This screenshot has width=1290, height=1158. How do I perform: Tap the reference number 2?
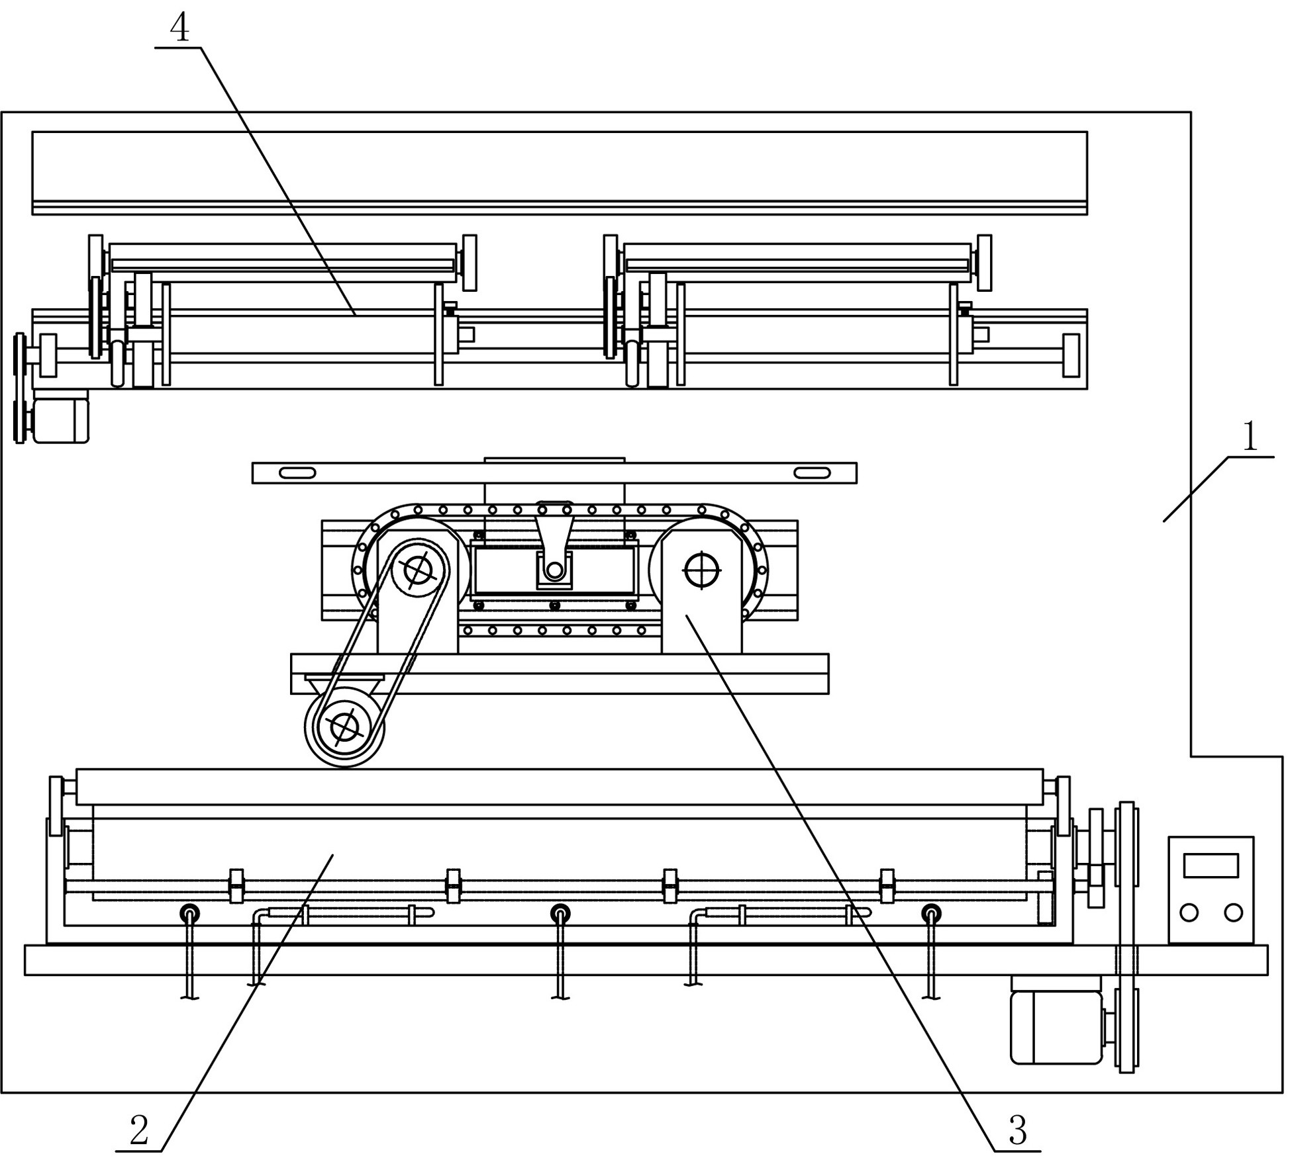139,1130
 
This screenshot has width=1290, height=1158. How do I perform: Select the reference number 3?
1017,1130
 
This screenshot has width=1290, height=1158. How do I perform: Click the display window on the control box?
1211,865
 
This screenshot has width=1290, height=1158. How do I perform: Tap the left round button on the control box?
1189,913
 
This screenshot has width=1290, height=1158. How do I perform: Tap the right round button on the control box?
1233,913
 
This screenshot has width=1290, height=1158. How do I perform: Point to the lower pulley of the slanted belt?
344,728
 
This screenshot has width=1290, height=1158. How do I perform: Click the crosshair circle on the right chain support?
702,569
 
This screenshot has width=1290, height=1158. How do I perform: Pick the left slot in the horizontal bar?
297,472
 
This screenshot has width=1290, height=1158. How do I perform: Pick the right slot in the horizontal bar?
812,472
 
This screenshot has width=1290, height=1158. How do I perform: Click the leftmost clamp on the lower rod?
236,885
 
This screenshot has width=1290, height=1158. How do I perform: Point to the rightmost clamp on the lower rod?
887,885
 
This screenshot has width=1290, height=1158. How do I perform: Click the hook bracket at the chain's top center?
554,529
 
